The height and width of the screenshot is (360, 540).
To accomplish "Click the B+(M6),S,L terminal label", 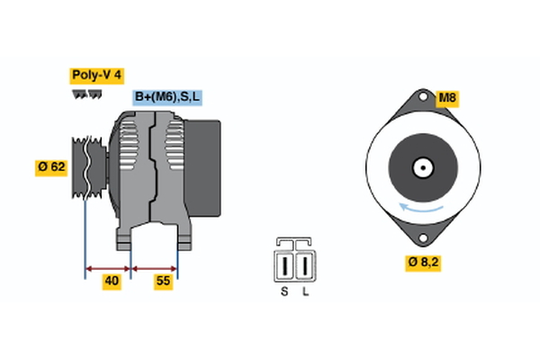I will pos(167,97).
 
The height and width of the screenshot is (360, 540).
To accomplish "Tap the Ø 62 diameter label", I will pos(52,166).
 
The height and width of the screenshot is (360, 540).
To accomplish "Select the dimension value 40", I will pos(112,282).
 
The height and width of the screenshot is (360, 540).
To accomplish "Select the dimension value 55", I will pos(163,282).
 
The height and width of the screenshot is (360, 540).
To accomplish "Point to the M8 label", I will pos(447,97).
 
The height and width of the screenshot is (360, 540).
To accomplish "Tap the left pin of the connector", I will pos(285,266).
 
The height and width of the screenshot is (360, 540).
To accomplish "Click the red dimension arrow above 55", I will pos(155,267).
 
